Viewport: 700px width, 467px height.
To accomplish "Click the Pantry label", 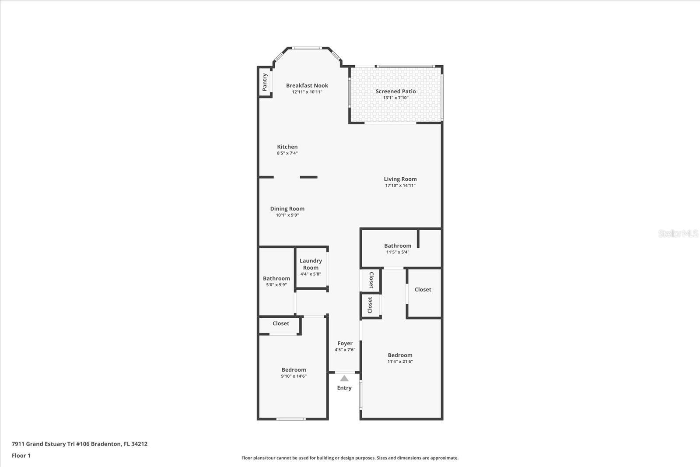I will (x=265, y=82).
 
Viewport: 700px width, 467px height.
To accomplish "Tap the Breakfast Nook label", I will (x=307, y=85).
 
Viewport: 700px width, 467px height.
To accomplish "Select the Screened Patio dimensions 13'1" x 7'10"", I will (x=395, y=98).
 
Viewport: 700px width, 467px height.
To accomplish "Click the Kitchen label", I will (x=287, y=147).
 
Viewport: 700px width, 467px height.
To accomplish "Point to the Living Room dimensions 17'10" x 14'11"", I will (x=400, y=186).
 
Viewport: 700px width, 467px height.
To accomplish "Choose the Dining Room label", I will (x=287, y=209).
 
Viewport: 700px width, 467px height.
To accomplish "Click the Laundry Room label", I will (x=311, y=264).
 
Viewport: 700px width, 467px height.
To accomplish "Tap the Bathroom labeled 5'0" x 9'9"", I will (x=276, y=278).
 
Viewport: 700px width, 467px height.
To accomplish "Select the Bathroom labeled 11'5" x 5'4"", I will (x=398, y=246).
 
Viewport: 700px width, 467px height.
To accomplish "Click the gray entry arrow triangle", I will (x=344, y=378).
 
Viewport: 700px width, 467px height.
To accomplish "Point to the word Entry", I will (x=344, y=388).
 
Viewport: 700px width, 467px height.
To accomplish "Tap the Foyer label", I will (x=345, y=343).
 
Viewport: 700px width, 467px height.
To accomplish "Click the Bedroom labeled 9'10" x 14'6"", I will (x=294, y=370).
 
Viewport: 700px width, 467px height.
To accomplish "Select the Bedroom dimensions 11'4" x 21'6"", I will (x=400, y=362).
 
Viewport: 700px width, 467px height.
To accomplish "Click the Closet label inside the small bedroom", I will (x=281, y=323).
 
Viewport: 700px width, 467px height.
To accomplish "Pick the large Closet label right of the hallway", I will (x=423, y=289).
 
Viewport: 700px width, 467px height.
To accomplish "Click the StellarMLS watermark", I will (x=678, y=233).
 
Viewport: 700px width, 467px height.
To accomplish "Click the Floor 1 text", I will (x=21, y=456).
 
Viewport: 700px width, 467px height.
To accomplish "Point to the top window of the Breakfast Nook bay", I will (x=308, y=48).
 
